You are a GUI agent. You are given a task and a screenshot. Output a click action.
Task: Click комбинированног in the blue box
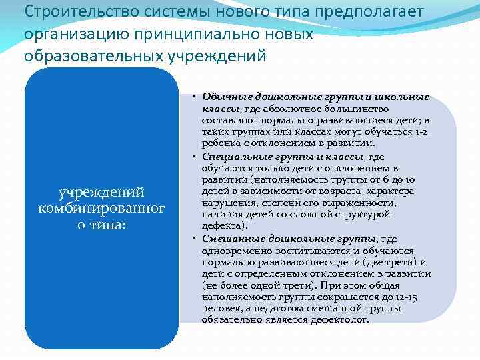[x=101, y=209]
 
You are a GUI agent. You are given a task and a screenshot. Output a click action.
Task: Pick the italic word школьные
[x=405, y=97]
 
